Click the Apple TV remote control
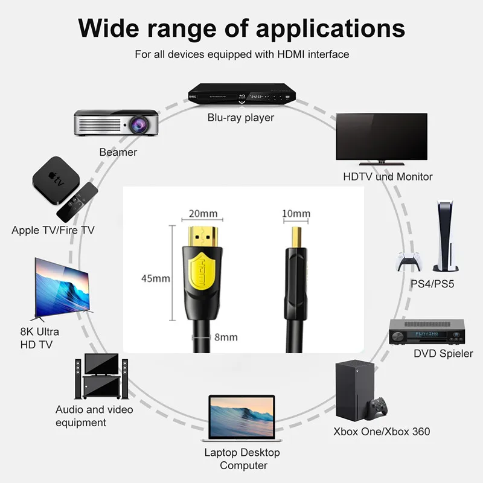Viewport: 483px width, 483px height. pos(76,201)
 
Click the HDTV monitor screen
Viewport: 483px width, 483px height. pos(382,135)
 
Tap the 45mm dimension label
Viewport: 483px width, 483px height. pos(154,278)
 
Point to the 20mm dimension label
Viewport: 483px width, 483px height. pos(202,213)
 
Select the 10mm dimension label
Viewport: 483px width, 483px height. pos(296,213)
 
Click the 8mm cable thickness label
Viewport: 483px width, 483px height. pos(226,337)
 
